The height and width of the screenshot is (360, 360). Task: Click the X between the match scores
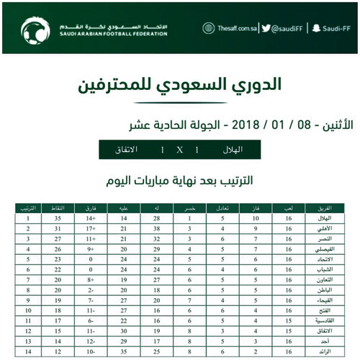coord(180,150)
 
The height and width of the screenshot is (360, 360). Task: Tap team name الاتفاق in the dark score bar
coord(127,150)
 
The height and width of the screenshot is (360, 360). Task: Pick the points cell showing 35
coord(60,217)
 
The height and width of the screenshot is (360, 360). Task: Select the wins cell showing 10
coord(255,217)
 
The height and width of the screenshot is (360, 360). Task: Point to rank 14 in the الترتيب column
coord(27,352)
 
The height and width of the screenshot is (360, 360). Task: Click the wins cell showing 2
coord(255,352)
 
